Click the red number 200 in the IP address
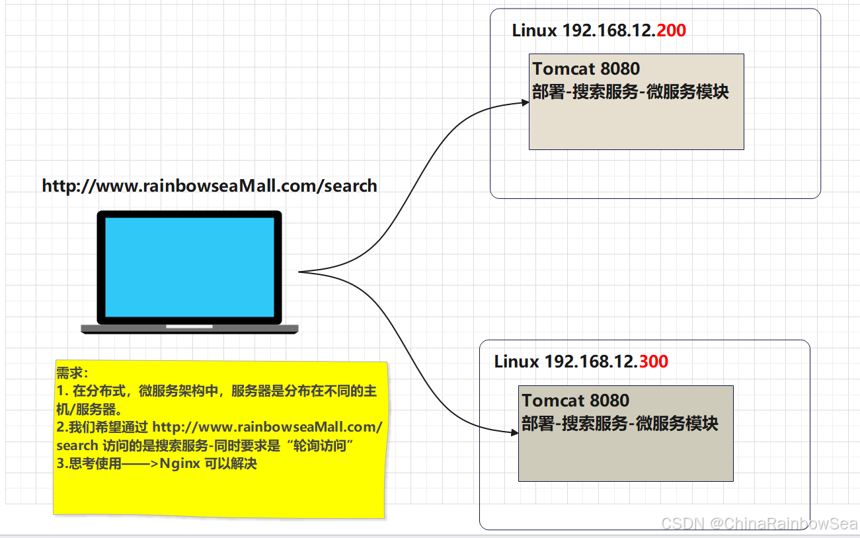pos(672,30)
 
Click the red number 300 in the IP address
pos(654,362)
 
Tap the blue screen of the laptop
pos(190,267)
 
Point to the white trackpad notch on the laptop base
pos(189,327)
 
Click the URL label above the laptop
pos(210,186)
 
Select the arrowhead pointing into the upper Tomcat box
pos(525,103)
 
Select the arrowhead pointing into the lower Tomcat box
pos(514,433)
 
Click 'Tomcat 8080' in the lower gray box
pos(575,401)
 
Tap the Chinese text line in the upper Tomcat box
pos(630,92)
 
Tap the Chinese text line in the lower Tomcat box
pos(619,424)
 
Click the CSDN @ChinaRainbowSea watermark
pos(759,523)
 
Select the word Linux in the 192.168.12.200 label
pos(535,30)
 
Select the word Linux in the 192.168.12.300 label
pos(517,362)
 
